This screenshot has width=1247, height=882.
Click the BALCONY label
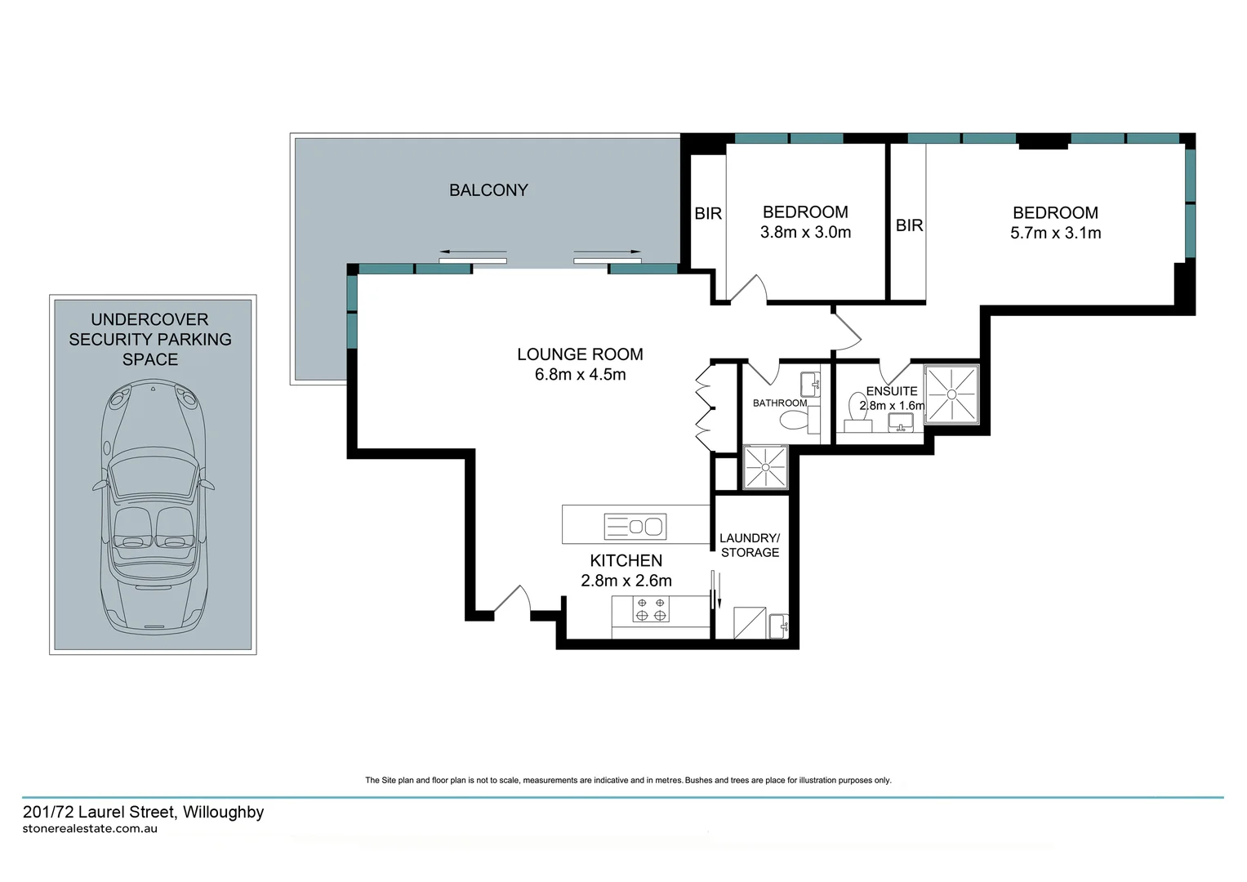coord(488,190)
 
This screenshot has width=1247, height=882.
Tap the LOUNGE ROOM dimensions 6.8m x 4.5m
coord(580,375)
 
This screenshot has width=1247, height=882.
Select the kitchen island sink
coord(635,527)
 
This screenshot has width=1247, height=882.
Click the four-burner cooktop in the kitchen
coord(651,609)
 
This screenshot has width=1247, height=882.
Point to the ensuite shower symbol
coord(951,394)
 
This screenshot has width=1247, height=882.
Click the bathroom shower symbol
coord(766,467)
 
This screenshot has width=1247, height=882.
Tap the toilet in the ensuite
coord(857,408)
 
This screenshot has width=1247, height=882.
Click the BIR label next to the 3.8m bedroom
coord(708,214)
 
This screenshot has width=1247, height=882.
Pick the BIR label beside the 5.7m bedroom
coord(909,225)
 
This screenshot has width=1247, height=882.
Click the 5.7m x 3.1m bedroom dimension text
coord(1055,233)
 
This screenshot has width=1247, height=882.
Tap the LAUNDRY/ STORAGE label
coord(750,546)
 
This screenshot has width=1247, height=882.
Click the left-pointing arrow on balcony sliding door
coord(473,252)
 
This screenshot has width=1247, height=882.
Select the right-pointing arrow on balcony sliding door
coord(607,252)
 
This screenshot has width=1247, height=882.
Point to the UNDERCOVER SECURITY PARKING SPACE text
coord(150,339)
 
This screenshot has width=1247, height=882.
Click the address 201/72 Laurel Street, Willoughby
coord(144,812)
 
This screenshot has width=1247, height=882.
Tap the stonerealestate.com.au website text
coord(90,828)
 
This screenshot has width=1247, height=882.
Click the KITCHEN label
coord(626,560)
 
